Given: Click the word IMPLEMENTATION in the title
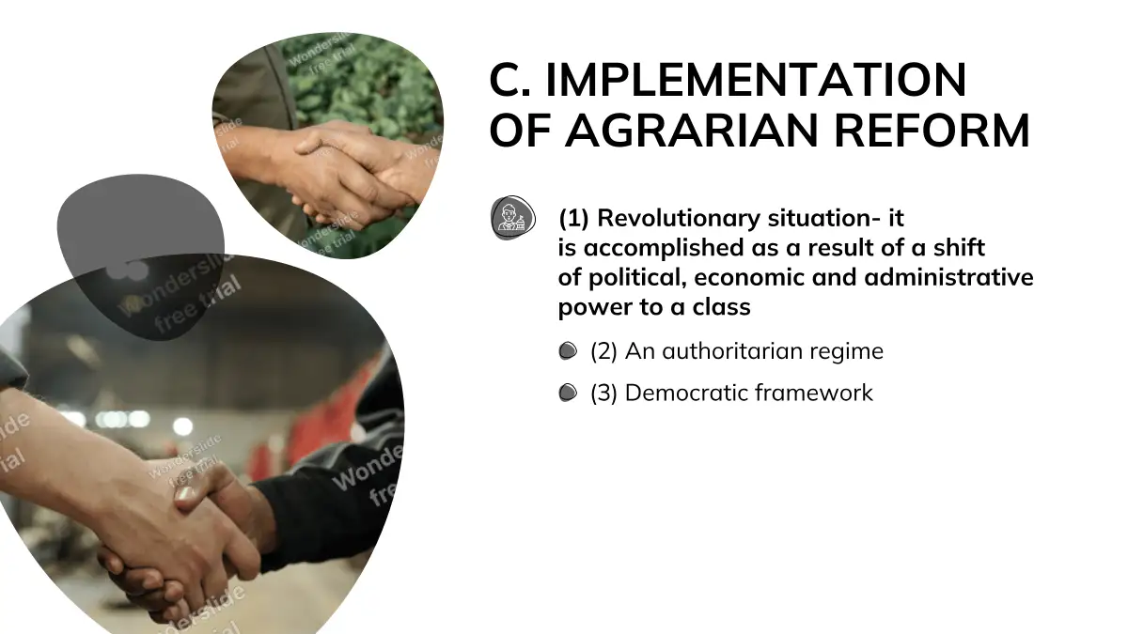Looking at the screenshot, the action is [x=756, y=80].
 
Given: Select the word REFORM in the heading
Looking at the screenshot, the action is [x=932, y=131].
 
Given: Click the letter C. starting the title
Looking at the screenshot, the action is [x=509, y=80].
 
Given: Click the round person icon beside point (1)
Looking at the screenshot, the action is [x=513, y=218].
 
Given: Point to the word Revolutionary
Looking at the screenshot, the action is [x=679, y=218].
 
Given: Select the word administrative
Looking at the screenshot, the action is [x=948, y=277].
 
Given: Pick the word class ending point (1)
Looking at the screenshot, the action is [x=721, y=307].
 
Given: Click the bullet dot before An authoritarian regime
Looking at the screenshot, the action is [x=568, y=351].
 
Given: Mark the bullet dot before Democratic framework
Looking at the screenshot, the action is [x=568, y=393].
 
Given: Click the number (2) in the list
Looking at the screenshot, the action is [x=603, y=351].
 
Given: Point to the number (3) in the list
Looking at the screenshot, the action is [x=603, y=393].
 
